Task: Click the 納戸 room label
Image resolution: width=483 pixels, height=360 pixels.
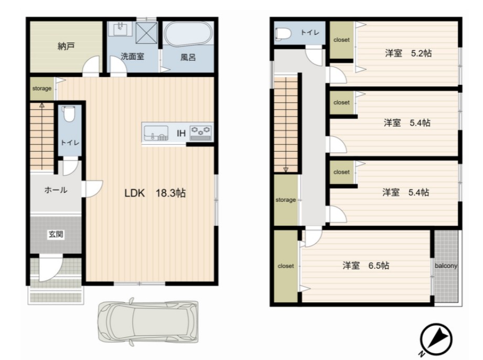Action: pos(66,47)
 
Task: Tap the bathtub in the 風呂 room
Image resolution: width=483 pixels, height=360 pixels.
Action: pos(188,34)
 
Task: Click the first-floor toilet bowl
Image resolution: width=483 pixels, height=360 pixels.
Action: pos(68,114)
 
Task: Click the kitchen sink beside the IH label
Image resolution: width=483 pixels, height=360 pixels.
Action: pos(156,133)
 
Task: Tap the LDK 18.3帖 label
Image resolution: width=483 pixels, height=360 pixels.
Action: pos(155,193)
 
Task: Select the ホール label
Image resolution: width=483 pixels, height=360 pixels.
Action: pos(56,190)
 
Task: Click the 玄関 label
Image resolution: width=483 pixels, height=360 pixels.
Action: pos(56,234)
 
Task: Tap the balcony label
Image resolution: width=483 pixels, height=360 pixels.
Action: pos(446,266)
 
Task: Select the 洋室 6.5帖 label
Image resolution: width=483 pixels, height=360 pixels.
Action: pos(366,265)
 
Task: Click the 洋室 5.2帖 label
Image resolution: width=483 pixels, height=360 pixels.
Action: pos(408,53)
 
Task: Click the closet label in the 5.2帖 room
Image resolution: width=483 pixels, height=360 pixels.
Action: pos(341,40)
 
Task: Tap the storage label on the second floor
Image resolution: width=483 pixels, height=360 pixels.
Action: pos(285,200)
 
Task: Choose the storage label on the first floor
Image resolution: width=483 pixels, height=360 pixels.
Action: pos(42,89)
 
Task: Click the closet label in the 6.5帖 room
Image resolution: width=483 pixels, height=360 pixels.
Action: pos(285,266)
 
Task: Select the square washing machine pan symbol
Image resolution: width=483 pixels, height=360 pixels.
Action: pos(146,33)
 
